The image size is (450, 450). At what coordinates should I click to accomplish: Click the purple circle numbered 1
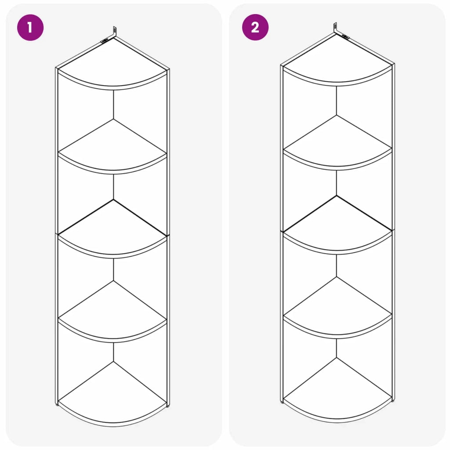click(x=30, y=28)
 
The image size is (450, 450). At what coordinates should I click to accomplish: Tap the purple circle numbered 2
click(x=255, y=27)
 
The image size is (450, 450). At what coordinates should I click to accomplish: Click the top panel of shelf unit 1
click(x=113, y=62)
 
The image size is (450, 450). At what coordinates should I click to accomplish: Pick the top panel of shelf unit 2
click(x=337, y=59)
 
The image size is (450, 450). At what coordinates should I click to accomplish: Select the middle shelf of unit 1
click(x=113, y=228)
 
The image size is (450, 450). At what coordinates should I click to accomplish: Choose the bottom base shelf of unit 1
click(x=113, y=393)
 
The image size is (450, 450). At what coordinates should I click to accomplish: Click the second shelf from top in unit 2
click(x=337, y=142)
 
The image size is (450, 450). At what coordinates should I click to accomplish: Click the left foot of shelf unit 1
click(x=57, y=405)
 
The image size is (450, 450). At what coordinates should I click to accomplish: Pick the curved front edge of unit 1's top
click(x=113, y=87)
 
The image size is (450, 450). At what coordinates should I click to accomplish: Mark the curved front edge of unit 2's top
click(x=337, y=84)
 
